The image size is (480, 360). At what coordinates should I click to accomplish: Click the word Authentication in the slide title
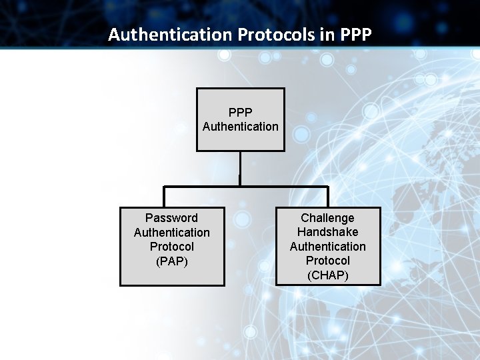pyautogui.click(x=169, y=34)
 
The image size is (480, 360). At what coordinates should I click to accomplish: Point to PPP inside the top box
pyautogui.click(x=240, y=113)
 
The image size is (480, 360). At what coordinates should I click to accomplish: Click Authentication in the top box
pyautogui.click(x=240, y=127)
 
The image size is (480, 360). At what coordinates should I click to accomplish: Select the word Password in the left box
pyautogui.click(x=171, y=218)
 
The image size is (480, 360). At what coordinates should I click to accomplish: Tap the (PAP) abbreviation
pyautogui.click(x=171, y=261)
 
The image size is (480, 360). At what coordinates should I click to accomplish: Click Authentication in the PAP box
pyautogui.click(x=171, y=233)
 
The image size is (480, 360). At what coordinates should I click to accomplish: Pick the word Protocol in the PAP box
pyautogui.click(x=171, y=247)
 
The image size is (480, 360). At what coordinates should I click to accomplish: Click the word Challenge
pyautogui.click(x=327, y=218)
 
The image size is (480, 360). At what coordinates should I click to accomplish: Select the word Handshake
pyautogui.click(x=327, y=232)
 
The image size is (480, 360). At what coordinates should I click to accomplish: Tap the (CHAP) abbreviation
pyautogui.click(x=327, y=275)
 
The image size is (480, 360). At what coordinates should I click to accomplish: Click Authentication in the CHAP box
pyautogui.click(x=327, y=247)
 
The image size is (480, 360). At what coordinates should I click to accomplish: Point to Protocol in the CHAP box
pyautogui.click(x=327, y=261)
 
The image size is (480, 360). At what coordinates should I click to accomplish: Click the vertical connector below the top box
pyautogui.click(x=240, y=168)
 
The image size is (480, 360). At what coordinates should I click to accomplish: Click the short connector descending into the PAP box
pyautogui.click(x=165, y=197)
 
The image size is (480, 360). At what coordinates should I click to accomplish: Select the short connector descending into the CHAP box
pyautogui.click(x=328, y=197)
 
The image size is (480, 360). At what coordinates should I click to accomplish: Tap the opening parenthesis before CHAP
pyautogui.click(x=309, y=275)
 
